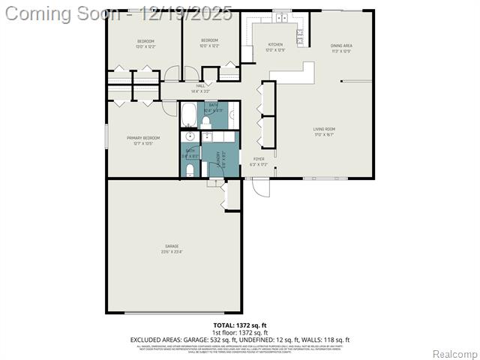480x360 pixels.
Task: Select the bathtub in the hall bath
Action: click(190, 116)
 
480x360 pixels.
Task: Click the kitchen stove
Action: click(301, 33)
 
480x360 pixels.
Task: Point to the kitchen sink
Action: click(282, 15)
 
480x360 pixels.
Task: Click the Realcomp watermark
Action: click(454, 353)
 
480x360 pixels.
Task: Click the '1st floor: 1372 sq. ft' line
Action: click(239, 332)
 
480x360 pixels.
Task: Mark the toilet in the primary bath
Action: click(189, 170)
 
